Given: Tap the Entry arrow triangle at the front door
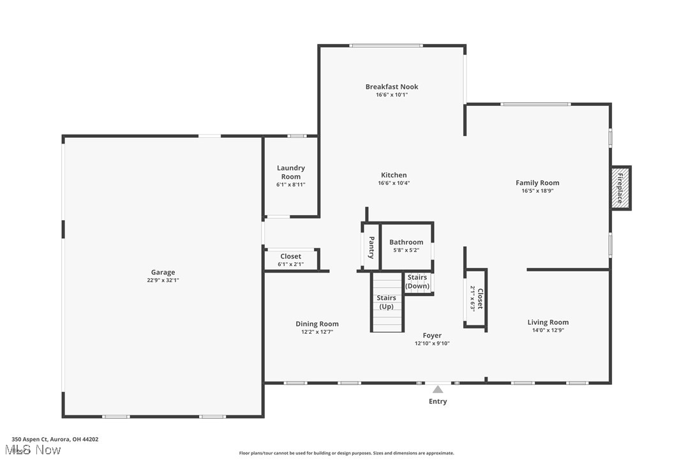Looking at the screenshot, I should point(438,389).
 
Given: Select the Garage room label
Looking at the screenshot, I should point(163,272).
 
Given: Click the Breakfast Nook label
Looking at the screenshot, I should point(392,87).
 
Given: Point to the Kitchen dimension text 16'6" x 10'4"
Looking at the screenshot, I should point(394,183).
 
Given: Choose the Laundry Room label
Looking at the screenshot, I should point(291,172).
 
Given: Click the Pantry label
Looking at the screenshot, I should point(371,247).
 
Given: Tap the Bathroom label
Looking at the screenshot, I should point(406,242).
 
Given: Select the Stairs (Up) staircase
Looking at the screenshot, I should point(387,302).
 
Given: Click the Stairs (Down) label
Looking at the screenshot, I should point(417,281).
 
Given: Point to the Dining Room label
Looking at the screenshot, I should point(317,324).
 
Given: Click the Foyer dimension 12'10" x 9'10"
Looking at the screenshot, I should point(432,343).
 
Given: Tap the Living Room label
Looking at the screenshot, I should point(548,322).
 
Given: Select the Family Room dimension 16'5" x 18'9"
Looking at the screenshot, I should point(537,191).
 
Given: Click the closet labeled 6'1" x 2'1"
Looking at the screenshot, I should point(291,260).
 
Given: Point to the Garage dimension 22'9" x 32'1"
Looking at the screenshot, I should point(163,280).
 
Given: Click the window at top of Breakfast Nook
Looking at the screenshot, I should point(386,45).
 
